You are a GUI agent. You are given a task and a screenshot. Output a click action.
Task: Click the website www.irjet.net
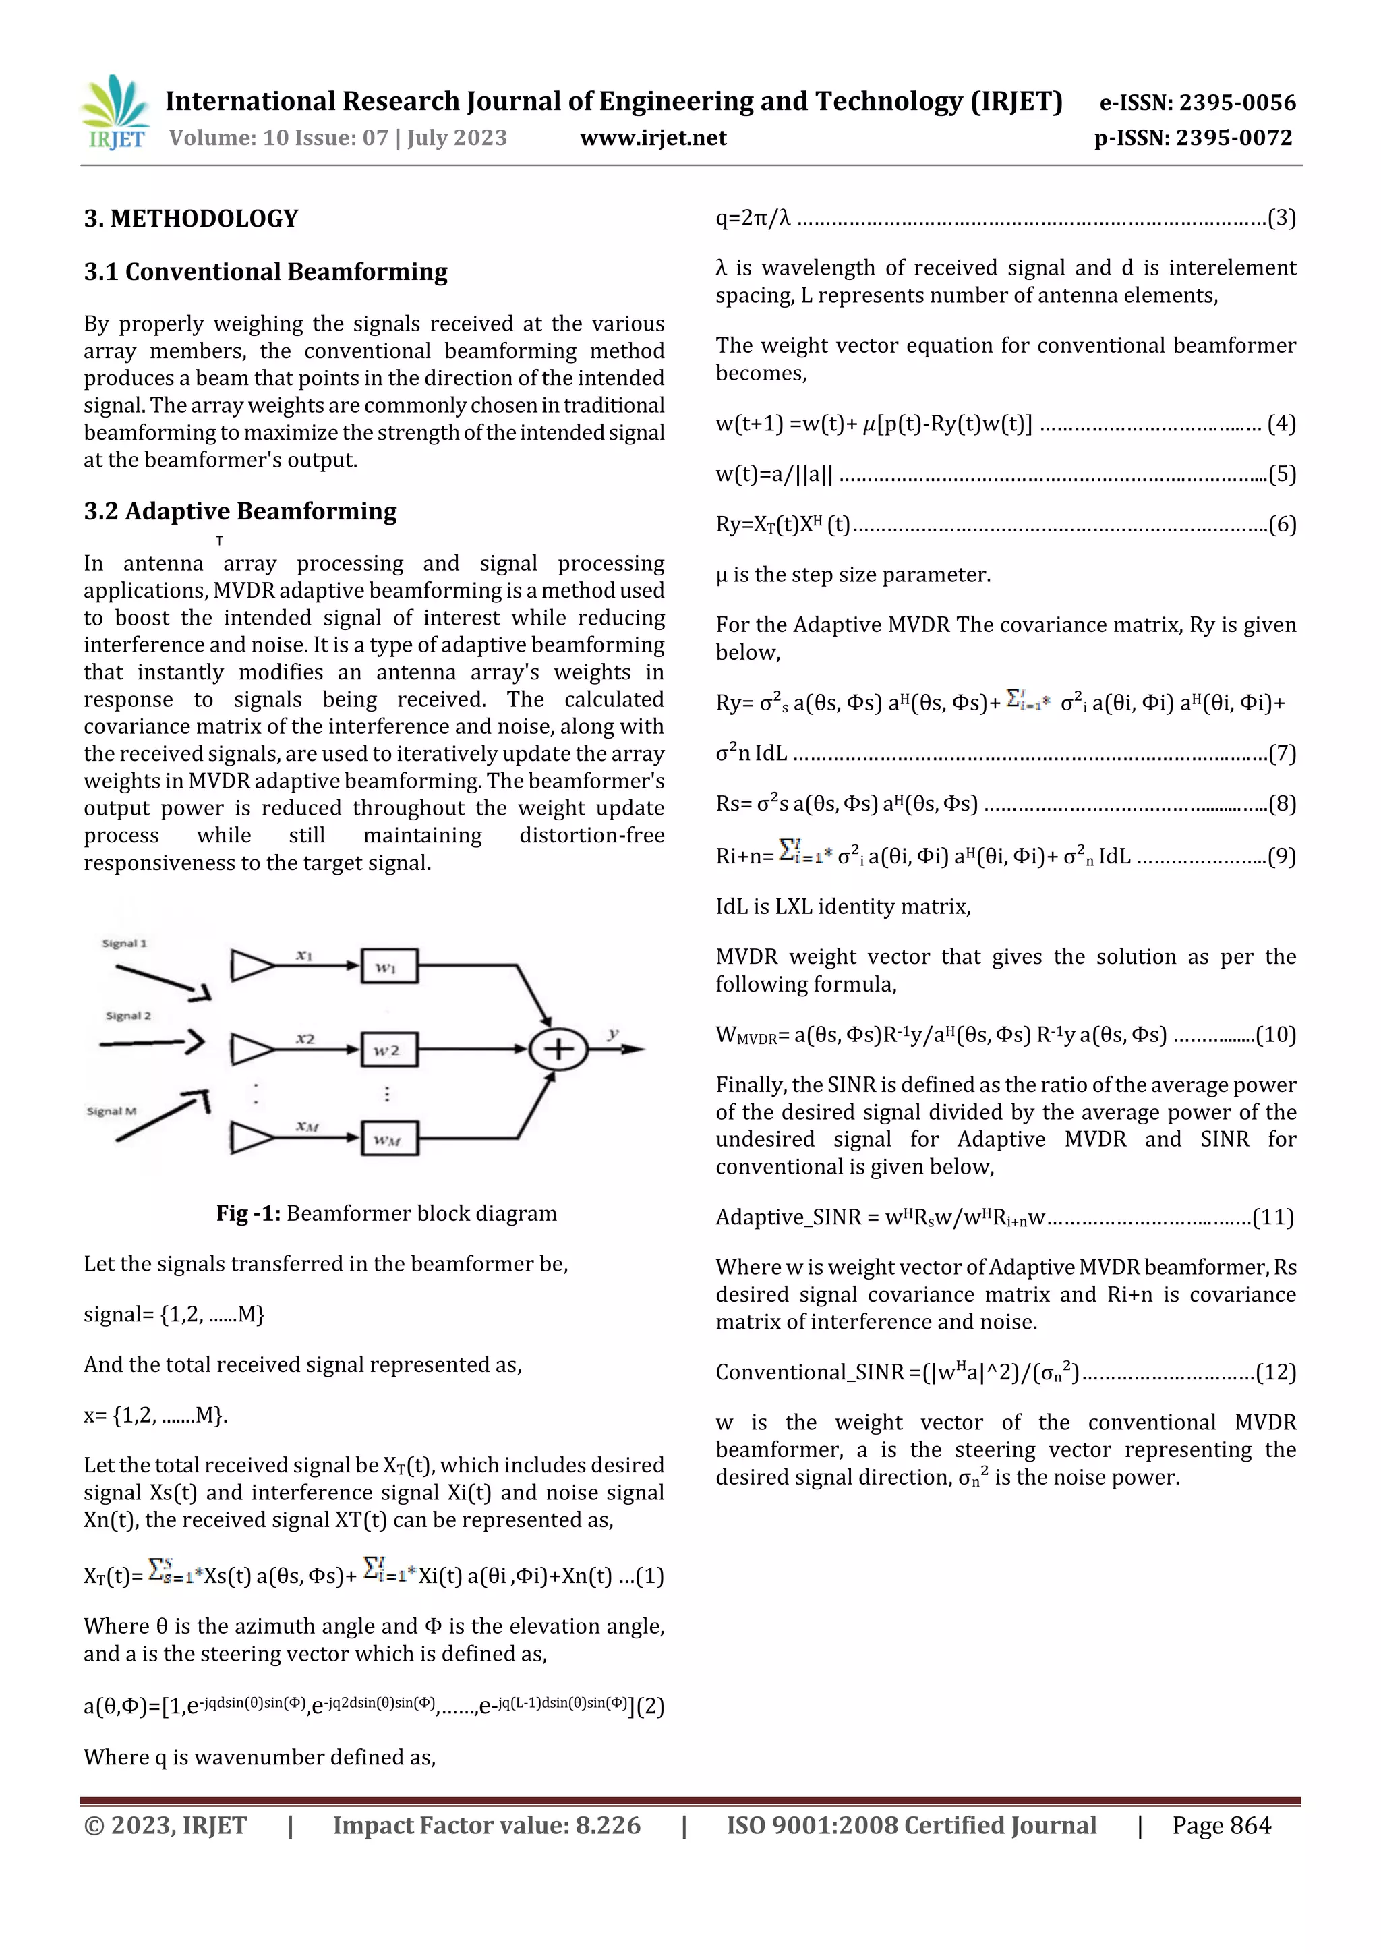tap(653, 138)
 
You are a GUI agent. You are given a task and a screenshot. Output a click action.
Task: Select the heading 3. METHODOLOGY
tap(191, 219)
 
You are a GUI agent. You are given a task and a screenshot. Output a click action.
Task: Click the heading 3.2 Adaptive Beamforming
tap(240, 511)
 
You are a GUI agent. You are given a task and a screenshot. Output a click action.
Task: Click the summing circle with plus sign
tap(558, 1048)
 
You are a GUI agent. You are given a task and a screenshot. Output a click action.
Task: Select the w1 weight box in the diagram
tap(389, 966)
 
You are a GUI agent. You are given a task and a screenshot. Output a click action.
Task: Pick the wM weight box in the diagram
tap(389, 1139)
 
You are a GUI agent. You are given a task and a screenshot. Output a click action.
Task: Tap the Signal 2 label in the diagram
tap(129, 1015)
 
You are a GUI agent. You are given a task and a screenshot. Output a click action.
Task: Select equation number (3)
tap(1281, 219)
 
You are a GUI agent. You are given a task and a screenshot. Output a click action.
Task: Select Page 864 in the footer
tap(1221, 1825)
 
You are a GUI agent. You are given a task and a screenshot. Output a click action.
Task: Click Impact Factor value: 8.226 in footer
tap(486, 1825)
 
